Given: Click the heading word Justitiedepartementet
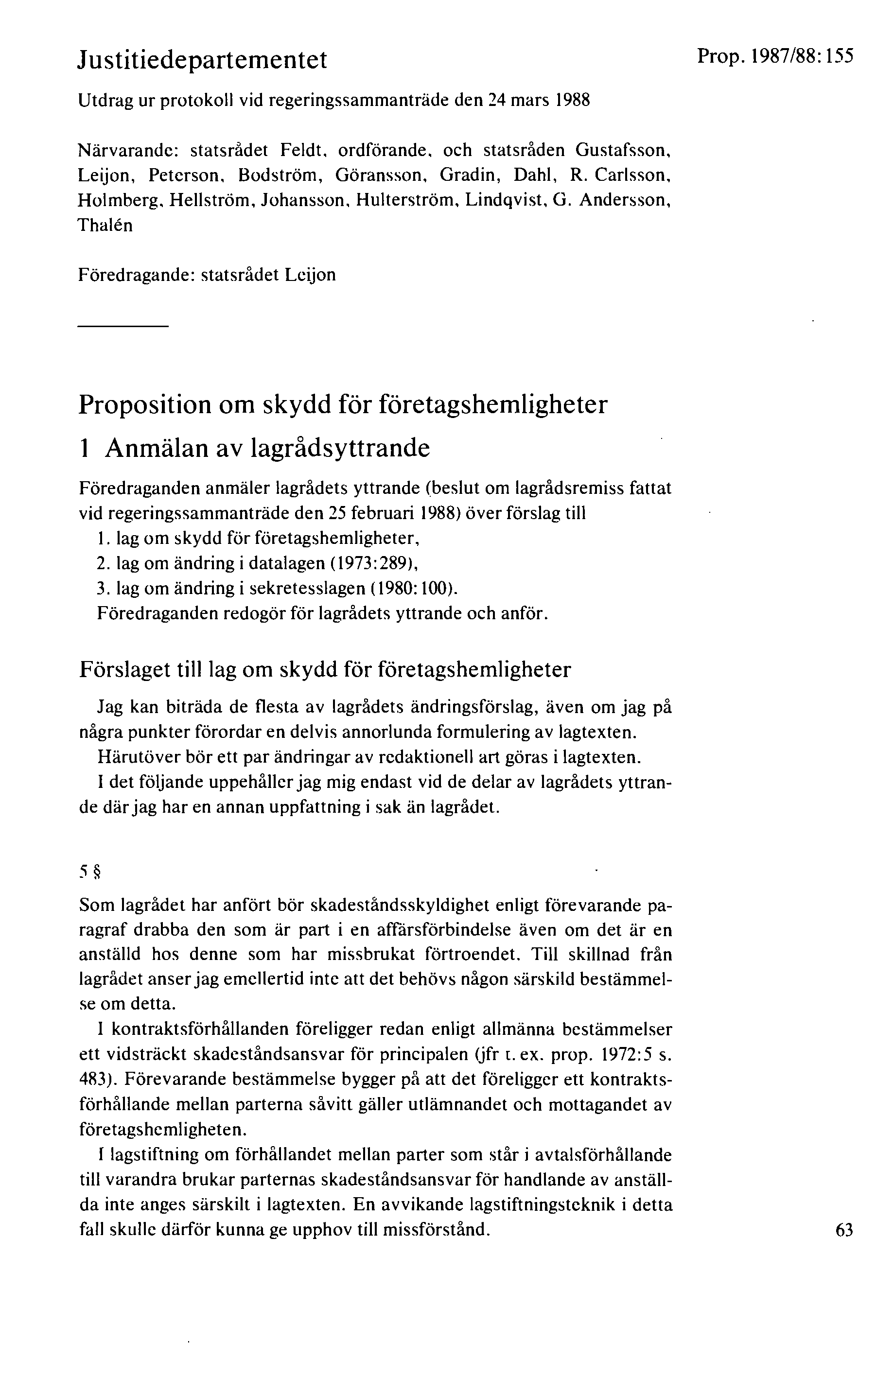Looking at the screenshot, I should tap(203, 60).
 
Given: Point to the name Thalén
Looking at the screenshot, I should tap(105, 225).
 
